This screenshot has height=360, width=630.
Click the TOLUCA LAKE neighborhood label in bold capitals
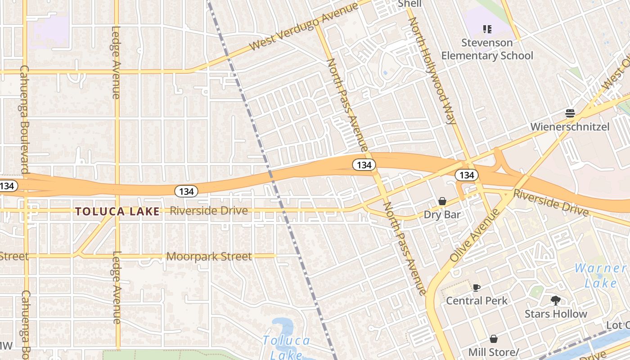click(x=117, y=211)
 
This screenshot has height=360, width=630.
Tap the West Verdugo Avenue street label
click(x=304, y=27)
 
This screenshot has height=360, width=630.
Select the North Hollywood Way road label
click(x=432, y=71)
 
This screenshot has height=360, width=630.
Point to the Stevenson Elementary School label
click(x=487, y=49)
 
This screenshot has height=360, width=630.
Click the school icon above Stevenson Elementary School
click(x=487, y=29)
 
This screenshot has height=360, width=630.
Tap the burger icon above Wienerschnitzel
click(x=570, y=113)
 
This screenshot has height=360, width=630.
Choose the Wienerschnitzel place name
click(x=570, y=126)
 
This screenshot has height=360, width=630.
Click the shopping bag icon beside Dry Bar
click(x=442, y=201)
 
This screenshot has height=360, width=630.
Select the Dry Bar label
click(x=442, y=214)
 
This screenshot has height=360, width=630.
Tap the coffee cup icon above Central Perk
click(x=477, y=287)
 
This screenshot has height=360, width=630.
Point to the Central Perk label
click(x=477, y=301)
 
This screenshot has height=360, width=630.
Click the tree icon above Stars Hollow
click(x=556, y=300)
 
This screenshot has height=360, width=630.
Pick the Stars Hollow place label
click(x=556, y=314)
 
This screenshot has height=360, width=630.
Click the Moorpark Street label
click(x=209, y=256)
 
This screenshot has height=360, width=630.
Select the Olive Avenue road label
click(x=474, y=236)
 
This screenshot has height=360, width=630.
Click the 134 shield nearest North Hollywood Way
click(x=467, y=175)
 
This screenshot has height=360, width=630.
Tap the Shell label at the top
click(x=409, y=4)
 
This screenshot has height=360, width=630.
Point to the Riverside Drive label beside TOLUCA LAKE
click(x=209, y=211)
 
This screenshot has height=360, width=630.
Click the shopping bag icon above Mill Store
click(x=494, y=338)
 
